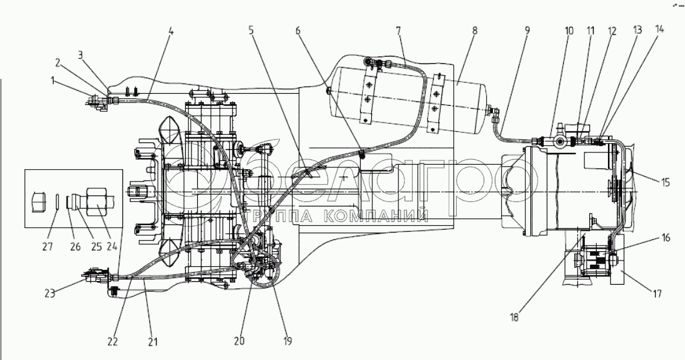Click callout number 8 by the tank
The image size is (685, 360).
474,31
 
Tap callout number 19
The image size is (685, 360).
287,340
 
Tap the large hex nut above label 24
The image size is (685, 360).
98,201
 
